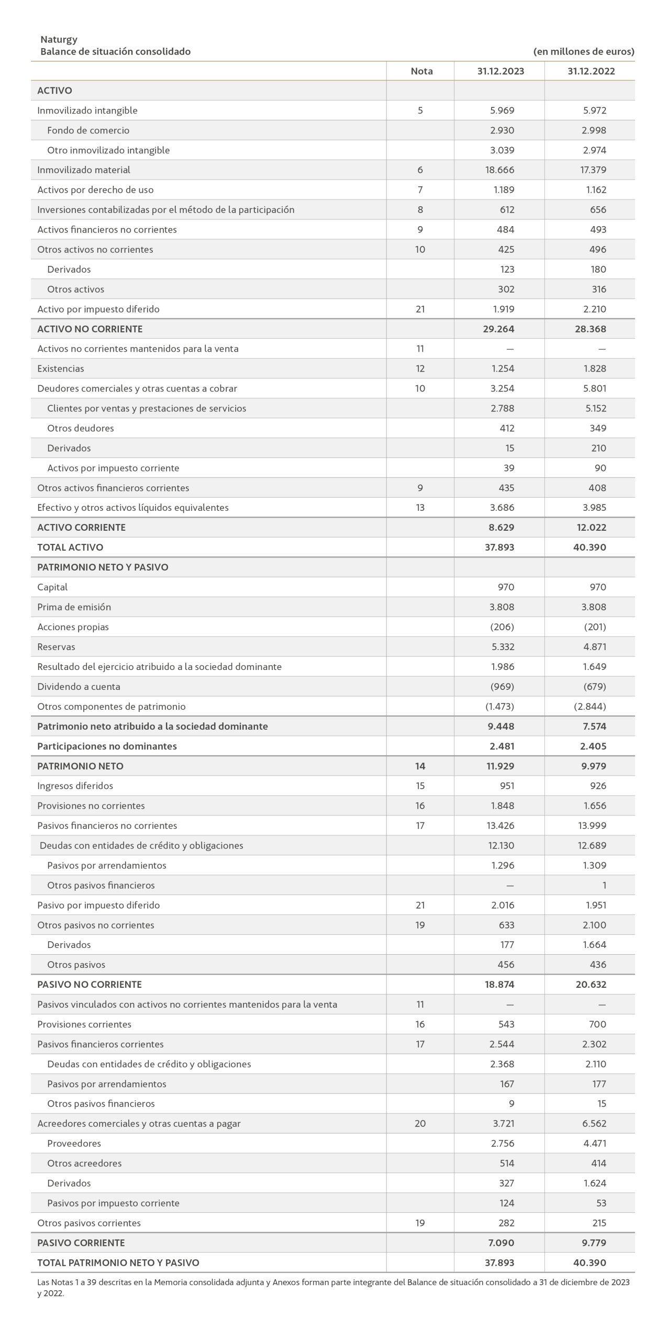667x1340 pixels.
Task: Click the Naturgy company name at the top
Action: point(59,39)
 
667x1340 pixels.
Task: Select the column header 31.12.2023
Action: point(500,71)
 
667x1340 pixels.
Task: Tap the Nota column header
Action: point(421,71)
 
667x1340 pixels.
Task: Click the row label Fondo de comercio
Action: point(88,130)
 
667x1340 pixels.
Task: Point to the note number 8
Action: point(420,210)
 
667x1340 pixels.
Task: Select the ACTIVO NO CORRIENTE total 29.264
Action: point(499,329)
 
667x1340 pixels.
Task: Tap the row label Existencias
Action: point(61,368)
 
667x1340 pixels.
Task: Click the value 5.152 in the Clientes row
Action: point(596,408)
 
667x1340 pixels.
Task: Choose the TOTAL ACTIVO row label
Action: point(70,548)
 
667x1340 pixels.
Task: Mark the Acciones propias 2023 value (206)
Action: point(502,627)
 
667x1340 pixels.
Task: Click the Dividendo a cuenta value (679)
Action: point(595,687)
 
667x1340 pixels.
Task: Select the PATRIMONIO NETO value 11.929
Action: point(499,766)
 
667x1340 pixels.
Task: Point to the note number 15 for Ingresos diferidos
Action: point(420,786)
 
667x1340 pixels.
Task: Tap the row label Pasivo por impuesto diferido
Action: point(98,905)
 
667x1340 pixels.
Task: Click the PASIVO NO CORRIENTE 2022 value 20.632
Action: point(590,985)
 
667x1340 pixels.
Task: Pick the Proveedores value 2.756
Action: point(503,1143)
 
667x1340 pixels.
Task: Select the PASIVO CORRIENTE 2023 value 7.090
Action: point(502,1243)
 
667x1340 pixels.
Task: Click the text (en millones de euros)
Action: point(584,52)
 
